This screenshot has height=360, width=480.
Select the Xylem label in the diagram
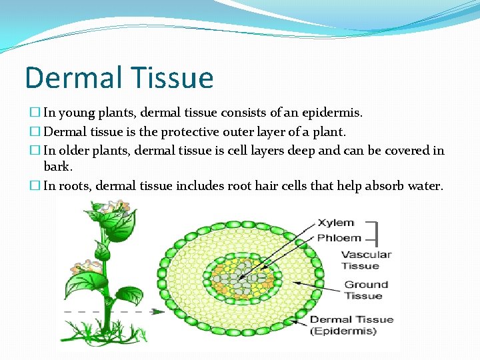pos(335,223)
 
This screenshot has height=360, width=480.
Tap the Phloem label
pos(339,238)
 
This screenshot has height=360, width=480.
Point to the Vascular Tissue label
pos(365,260)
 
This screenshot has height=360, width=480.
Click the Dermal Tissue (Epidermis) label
pos(351,325)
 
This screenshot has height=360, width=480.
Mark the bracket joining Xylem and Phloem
pos(376,231)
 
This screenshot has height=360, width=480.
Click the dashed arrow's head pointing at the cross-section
pos(160,311)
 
